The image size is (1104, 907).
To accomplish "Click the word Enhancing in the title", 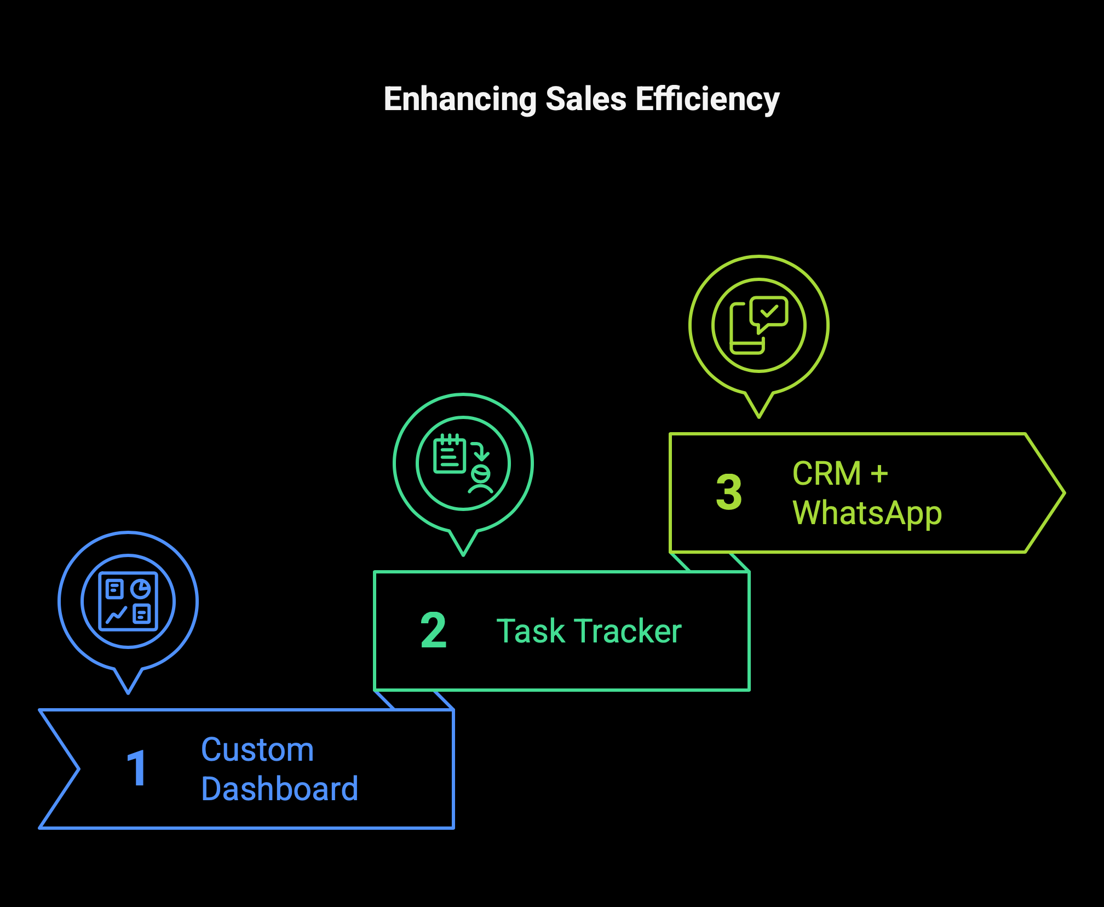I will point(460,100).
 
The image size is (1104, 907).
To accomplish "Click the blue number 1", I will point(137,769).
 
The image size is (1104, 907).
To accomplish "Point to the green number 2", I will point(434,631).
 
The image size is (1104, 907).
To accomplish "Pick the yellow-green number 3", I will point(729,493).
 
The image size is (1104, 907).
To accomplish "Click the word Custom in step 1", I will point(257,750).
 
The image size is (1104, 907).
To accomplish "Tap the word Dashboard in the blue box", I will point(279,789).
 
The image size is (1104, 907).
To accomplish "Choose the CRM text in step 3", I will point(826,474).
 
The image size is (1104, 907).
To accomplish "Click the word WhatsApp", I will point(867,514).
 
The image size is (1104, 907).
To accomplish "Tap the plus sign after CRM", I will point(879,474).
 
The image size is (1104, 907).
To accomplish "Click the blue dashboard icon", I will point(128,601).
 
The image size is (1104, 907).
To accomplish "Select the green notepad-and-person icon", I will point(463,463).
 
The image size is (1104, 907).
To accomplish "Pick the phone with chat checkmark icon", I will point(759,325).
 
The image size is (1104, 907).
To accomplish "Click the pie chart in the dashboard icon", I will point(141,589).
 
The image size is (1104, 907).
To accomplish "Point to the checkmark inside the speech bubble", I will point(769,312).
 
